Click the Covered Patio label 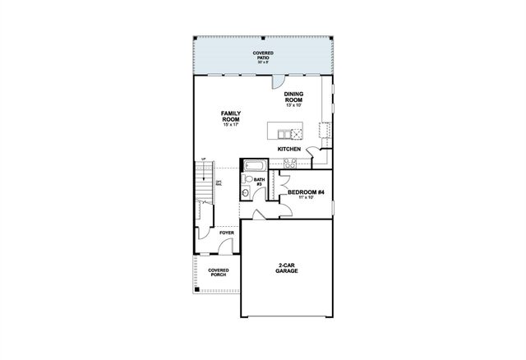pyautogui.click(x=263, y=56)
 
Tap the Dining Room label pyautogui.click(x=294, y=98)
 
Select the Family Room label pyautogui.click(x=230, y=116)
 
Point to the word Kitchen pyautogui.click(x=288, y=149)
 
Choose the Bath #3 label pyautogui.click(x=258, y=182)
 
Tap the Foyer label pyautogui.click(x=226, y=233)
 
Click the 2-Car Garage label pyautogui.click(x=287, y=268)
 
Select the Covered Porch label pyautogui.click(x=218, y=272)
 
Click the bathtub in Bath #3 pyautogui.click(x=251, y=165)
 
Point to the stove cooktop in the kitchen pyautogui.click(x=289, y=164)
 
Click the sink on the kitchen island pyautogui.click(x=287, y=133)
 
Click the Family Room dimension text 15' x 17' pyautogui.click(x=230, y=126)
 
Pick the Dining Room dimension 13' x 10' pyautogui.click(x=294, y=106)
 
